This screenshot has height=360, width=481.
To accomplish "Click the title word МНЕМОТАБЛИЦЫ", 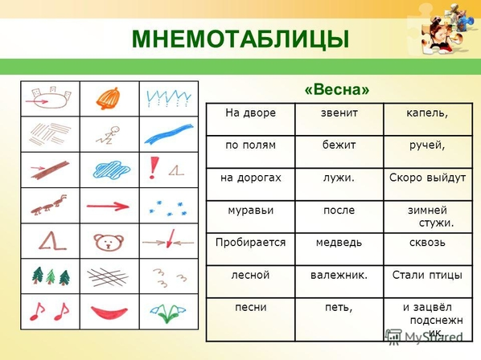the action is [240, 39].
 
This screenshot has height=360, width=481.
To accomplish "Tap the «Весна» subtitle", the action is [337, 89].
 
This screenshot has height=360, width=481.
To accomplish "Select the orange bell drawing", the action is [108, 99].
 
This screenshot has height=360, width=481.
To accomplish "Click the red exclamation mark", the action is [154, 168].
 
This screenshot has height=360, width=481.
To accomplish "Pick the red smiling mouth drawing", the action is [109, 313].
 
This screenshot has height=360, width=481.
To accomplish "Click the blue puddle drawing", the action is [111, 170].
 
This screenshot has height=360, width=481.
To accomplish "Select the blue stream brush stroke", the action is [169, 134].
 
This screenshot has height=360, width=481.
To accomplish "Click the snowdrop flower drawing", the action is [167, 313].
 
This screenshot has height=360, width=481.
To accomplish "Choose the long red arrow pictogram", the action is [108, 207].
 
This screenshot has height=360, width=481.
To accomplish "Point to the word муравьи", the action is [251, 211].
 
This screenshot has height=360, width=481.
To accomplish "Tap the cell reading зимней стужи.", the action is [428, 217].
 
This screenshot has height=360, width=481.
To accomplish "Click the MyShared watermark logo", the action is [424, 337].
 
